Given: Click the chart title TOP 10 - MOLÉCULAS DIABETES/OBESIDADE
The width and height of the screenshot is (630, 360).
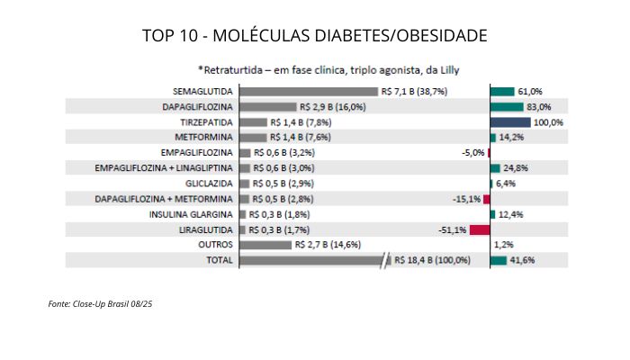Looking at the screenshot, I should tap(315, 36).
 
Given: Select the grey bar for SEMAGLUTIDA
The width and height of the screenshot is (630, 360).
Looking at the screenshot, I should tap(308, 92).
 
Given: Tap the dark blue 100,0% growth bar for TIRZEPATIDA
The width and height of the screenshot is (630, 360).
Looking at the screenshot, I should tap(510, 122).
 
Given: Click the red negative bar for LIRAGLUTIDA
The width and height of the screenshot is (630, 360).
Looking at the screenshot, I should tap(479, 229).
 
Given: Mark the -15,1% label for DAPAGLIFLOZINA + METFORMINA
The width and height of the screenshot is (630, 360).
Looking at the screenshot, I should tap(466, 199).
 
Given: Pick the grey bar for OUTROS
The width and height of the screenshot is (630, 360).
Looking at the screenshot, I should tap(265, 245).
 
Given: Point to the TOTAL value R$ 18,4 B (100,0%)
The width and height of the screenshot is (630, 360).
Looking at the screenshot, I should tap(433, 260).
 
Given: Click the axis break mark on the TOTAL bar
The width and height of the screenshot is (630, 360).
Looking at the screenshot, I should tap(388, 260).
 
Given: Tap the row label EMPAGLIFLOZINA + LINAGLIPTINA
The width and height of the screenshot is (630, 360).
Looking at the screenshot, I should tap(165, 168).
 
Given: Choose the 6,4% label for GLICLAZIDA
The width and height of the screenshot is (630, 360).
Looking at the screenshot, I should tap(506, 184).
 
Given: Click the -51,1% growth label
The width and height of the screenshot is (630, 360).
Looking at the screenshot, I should tap(452, 229).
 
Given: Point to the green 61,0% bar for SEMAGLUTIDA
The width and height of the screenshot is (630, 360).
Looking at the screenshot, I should tap(502, 92).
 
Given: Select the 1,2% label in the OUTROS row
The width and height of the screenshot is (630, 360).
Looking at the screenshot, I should tap(503, 245).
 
